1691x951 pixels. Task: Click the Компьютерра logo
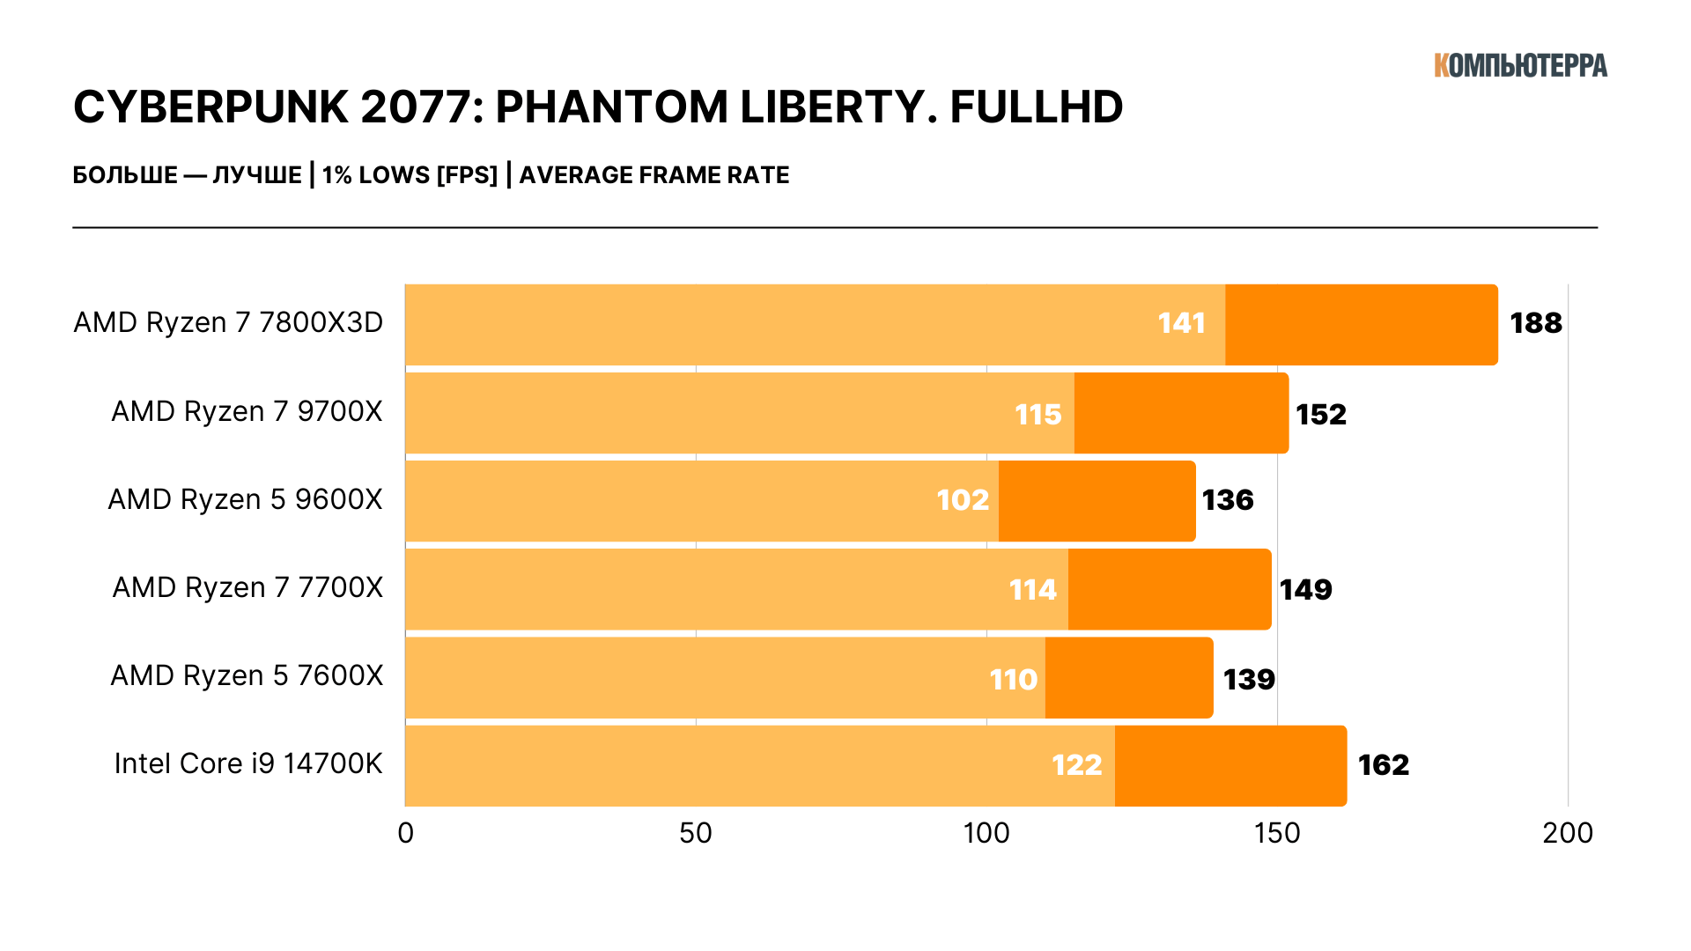click(x=1520, y=65)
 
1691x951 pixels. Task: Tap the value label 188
click(x=1536, y=323)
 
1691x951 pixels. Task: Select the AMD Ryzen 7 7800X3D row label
click(x=228, y=323)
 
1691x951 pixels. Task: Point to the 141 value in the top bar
click(x=1181, y=323)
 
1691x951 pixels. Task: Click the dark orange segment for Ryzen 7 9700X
click(x=1181, y=413)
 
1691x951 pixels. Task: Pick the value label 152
click(x=1321, y=414)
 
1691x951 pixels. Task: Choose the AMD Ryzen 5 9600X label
click(x=245, y=500)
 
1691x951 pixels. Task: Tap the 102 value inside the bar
click(x=963, y=500)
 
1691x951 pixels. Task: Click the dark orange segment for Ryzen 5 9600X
click(x=1097, y=501)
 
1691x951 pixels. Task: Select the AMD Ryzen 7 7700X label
click(x=247, y=588)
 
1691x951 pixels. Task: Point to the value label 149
click(x=1305, y=589)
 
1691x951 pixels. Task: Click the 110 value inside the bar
click(x=1013, y=679)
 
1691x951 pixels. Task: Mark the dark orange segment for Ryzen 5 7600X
click(x=1128, y=678)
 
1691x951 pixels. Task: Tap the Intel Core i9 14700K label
click(x=248, y=764)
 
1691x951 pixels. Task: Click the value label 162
click(x=1383, y=764)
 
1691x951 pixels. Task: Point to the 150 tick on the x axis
click(x=1277, y=833)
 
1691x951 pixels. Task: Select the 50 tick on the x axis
click(x=696, y=833)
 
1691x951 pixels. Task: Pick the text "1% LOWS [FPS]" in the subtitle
click(x=410, y=175)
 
